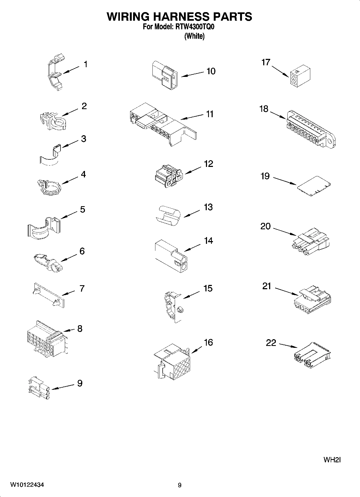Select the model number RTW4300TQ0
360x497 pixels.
pyautogui.click(x=193, y=27)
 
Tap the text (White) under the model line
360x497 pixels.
pyautogui.click(x=194, y=36)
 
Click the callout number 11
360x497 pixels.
pyautogui.click(x=210, y=114)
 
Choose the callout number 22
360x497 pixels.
pyautogui.click(x=271, y=343)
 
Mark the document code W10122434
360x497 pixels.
pyautogui.click(x=27, y=485)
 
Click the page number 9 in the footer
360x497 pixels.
pyautogui.click(x=180, y=485)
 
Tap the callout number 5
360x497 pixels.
pyautogui.click(x=83, y=209)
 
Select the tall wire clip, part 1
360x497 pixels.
pyautogui.click(x=55, y=73)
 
